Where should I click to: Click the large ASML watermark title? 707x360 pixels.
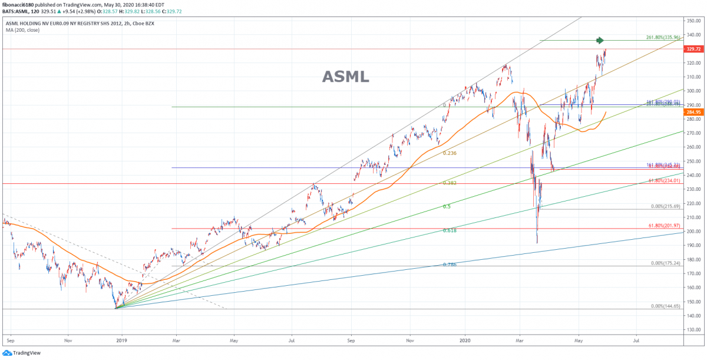pos(346,77)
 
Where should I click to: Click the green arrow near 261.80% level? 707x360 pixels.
pos(600,40)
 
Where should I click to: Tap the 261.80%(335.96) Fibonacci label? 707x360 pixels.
pos(663,37)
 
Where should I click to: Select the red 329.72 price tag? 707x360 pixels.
pos(693,49)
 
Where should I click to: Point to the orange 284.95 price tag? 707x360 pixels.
pos(693,112)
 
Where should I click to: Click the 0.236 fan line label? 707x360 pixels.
pos(450,153)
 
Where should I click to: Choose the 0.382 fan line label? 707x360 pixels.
pos(450,183)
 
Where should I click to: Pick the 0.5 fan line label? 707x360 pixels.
pos(447,207)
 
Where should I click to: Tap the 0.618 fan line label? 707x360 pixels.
pos(450,230)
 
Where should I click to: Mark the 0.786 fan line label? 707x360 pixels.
pos(450,265)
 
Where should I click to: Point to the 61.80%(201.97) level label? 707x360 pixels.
pos(664,226)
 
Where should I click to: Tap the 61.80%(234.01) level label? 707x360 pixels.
pos(664,181)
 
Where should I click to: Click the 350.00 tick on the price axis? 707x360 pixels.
pos(693,21)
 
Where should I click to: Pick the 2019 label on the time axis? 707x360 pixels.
pos(121,340)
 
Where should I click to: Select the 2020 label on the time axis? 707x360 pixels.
pos(465,340)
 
